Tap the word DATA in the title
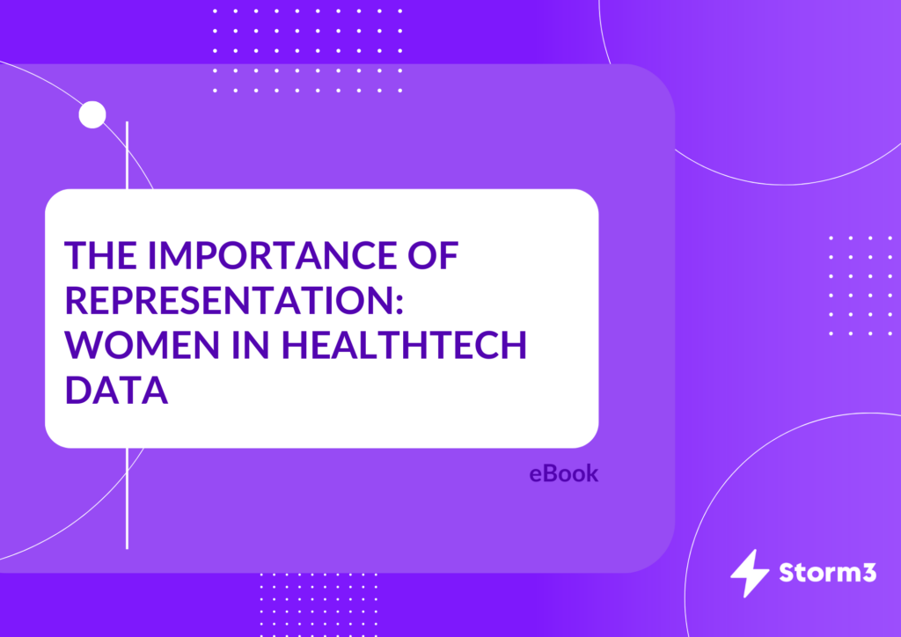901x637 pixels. coord(117,390)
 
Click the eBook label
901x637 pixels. coord(564,474)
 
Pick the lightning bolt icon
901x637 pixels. coord(750,574)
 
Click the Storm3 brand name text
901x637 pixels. coord(827,573)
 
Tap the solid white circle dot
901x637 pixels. coord(92,114)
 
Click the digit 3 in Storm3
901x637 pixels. coord(868,573)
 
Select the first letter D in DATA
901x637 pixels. coord(77,390)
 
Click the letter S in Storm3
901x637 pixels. coord(787,573)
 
